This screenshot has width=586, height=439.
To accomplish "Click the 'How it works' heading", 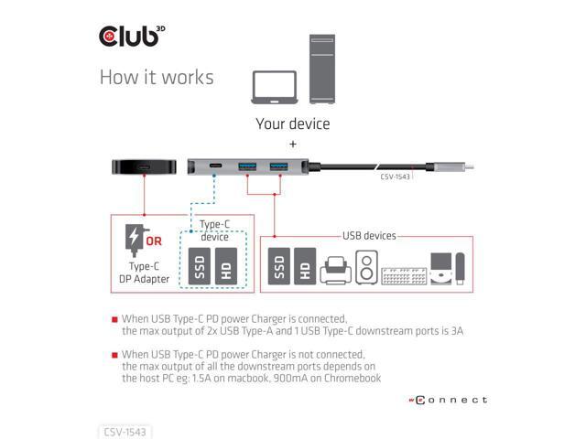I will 156,77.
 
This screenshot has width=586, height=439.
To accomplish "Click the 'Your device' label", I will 293,123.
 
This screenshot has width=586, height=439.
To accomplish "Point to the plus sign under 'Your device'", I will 293,145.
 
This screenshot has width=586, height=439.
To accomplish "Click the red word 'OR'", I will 154,241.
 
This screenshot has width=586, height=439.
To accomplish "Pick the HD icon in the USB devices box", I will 305,266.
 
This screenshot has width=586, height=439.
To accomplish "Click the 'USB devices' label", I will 369,236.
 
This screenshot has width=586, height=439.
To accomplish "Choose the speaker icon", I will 365,267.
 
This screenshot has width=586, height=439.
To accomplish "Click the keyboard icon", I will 402,273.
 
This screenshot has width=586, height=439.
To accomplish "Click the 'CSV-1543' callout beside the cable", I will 395,177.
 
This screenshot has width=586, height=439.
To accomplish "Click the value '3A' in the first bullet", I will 455,331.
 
